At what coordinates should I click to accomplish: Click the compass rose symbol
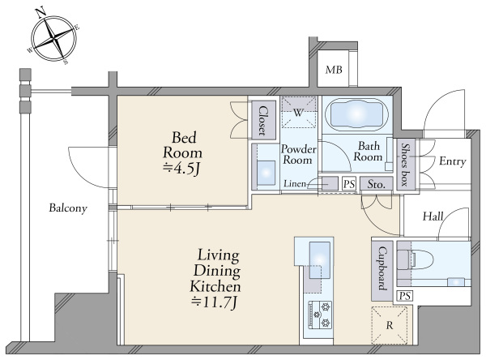point(54,38)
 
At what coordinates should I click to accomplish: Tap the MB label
point(334,70)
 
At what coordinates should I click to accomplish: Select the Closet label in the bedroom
point(263,121)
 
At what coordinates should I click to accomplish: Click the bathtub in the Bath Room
point(357,114)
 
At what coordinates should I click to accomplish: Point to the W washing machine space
point(298,112)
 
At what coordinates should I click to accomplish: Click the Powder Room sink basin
point(266,173)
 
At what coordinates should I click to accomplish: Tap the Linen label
point(295,184)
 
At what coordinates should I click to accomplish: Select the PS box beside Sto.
point(349,184)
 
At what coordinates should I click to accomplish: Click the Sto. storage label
point(377,184)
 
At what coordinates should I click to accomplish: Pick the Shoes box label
point(404,165)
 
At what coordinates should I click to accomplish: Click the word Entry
point(453,161)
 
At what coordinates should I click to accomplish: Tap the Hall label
point(433,216)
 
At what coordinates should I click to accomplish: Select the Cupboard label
point(383,268)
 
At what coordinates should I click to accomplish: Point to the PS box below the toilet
point(405,297)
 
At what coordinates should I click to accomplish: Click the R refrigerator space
point(390,325)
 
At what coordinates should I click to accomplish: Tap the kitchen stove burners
point(320,315)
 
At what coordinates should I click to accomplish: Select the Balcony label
point(68,208)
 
